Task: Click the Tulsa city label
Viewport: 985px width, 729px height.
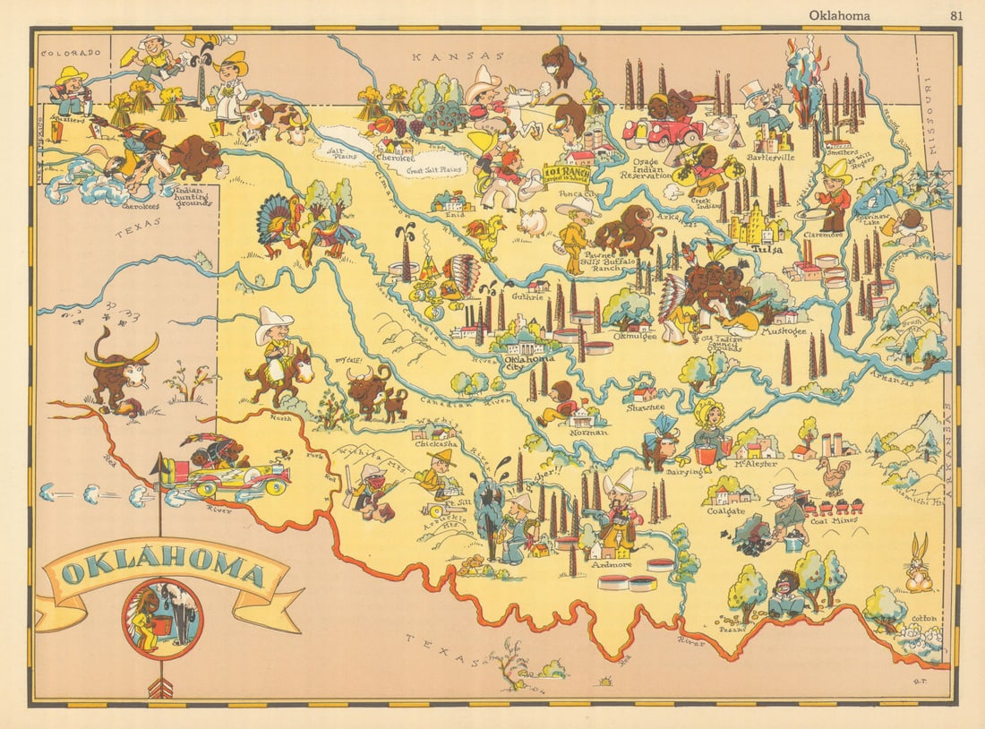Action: pos(767,249)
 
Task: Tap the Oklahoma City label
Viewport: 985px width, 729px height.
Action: pos(528,364)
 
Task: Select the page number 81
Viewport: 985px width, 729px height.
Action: pos(956,14)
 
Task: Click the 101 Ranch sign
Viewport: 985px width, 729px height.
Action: pos(568,172)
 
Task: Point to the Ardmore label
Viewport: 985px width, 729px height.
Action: pos(611,564)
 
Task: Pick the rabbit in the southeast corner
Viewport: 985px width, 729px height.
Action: pos(919,562)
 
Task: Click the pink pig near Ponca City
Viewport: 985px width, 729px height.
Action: pos(534,222)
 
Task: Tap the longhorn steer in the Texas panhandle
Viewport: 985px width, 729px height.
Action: pos(121,367)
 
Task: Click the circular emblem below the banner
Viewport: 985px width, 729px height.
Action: pos(162,619)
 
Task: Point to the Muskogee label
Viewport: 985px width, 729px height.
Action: pos(783,331)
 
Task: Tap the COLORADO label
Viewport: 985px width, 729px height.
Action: pos(69,53)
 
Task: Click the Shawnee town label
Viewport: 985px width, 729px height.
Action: pos(645,407)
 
